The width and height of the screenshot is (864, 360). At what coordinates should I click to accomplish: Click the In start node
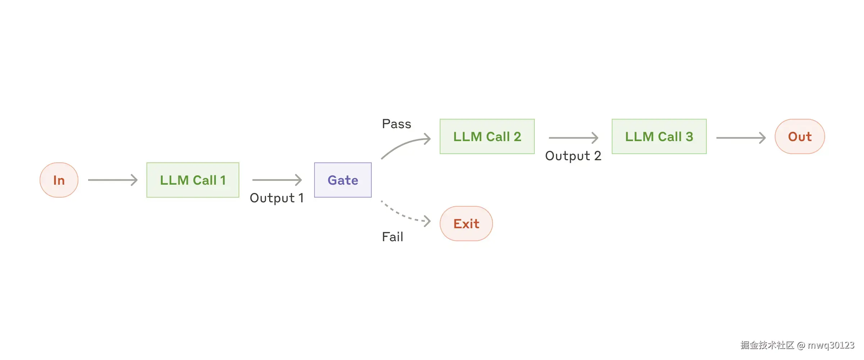(59, 180)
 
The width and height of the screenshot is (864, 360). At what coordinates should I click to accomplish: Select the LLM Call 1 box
(193, 180)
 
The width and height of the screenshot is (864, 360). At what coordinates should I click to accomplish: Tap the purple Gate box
(343, 180)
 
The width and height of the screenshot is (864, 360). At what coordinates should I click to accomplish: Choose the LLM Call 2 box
(487, 136)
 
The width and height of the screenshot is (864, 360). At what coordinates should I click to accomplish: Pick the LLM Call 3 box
(659, 136)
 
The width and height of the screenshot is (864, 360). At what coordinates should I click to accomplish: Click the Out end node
(800, 136)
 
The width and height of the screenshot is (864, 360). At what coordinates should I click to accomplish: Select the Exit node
(466, 224)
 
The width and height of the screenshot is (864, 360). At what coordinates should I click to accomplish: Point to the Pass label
(397, 124)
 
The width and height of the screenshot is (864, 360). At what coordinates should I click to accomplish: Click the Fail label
(393, 237)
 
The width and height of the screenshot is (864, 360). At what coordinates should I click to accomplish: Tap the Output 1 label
(277, 198)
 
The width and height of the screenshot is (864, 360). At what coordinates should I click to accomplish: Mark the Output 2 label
(573, 156)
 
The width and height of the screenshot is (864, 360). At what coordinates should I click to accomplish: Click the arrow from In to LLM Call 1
(113, 180)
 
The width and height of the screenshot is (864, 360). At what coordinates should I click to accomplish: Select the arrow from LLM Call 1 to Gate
(277, 180)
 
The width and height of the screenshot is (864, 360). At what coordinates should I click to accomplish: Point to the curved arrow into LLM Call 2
(403, 143)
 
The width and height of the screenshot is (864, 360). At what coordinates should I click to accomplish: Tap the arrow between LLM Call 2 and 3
(574, 138)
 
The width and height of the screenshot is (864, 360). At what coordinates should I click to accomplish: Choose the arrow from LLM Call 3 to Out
(741, 138)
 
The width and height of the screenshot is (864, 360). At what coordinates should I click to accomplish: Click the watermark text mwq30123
(831, 345)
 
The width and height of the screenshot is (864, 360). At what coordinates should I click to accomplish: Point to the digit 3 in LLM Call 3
(689, 137)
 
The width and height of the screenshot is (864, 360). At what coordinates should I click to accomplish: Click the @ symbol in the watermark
(801, 346)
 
